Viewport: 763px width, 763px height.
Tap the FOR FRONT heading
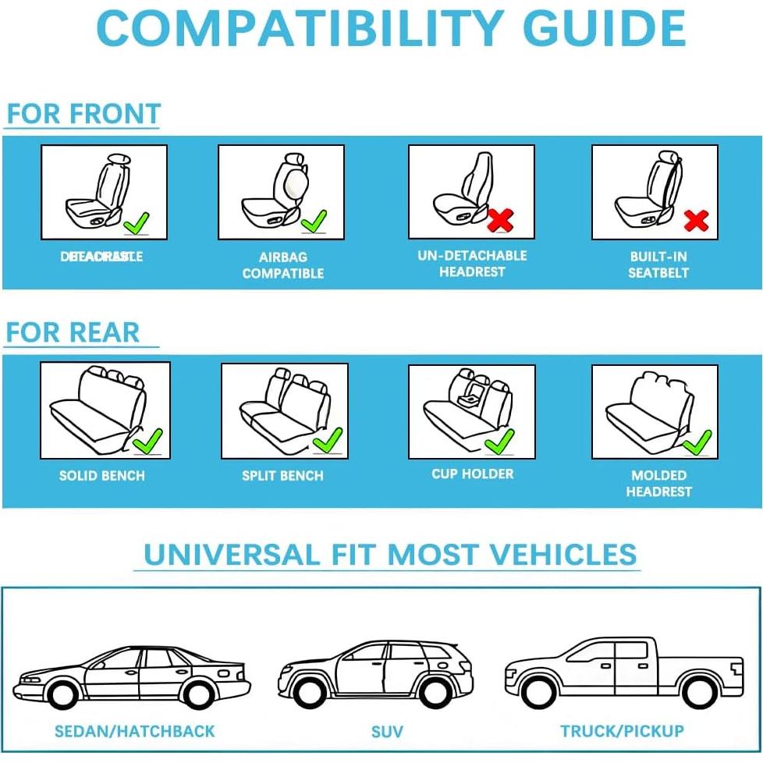[x=83, y=114]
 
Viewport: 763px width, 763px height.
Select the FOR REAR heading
[x=73, y=332]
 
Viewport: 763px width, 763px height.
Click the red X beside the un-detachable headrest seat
[x=500, y=220]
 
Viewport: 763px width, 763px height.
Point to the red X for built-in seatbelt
[x=695, y=221]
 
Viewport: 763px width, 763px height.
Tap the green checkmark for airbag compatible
[x=314, y=221]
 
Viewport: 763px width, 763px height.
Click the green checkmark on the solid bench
[x=147, y=442]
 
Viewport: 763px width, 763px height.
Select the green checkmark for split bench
[x=327, y=440]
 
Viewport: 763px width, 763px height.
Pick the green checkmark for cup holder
[x=499, y=442]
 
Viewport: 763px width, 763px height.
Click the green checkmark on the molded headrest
[x=697, y=442]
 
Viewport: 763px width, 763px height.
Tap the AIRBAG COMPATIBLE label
[x=283, y=265]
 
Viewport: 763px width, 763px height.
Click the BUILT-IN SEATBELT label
[x=658, y=264]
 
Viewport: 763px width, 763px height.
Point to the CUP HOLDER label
[x=473, y=474]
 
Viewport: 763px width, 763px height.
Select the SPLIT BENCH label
[x=282, y=475]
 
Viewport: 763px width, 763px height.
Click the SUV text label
[x=387, y=732]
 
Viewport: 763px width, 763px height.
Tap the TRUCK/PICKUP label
[x=622, y=731]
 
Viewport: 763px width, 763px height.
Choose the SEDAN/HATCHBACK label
[x=134, y=731]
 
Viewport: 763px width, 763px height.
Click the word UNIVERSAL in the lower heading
[x=231, y=555]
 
